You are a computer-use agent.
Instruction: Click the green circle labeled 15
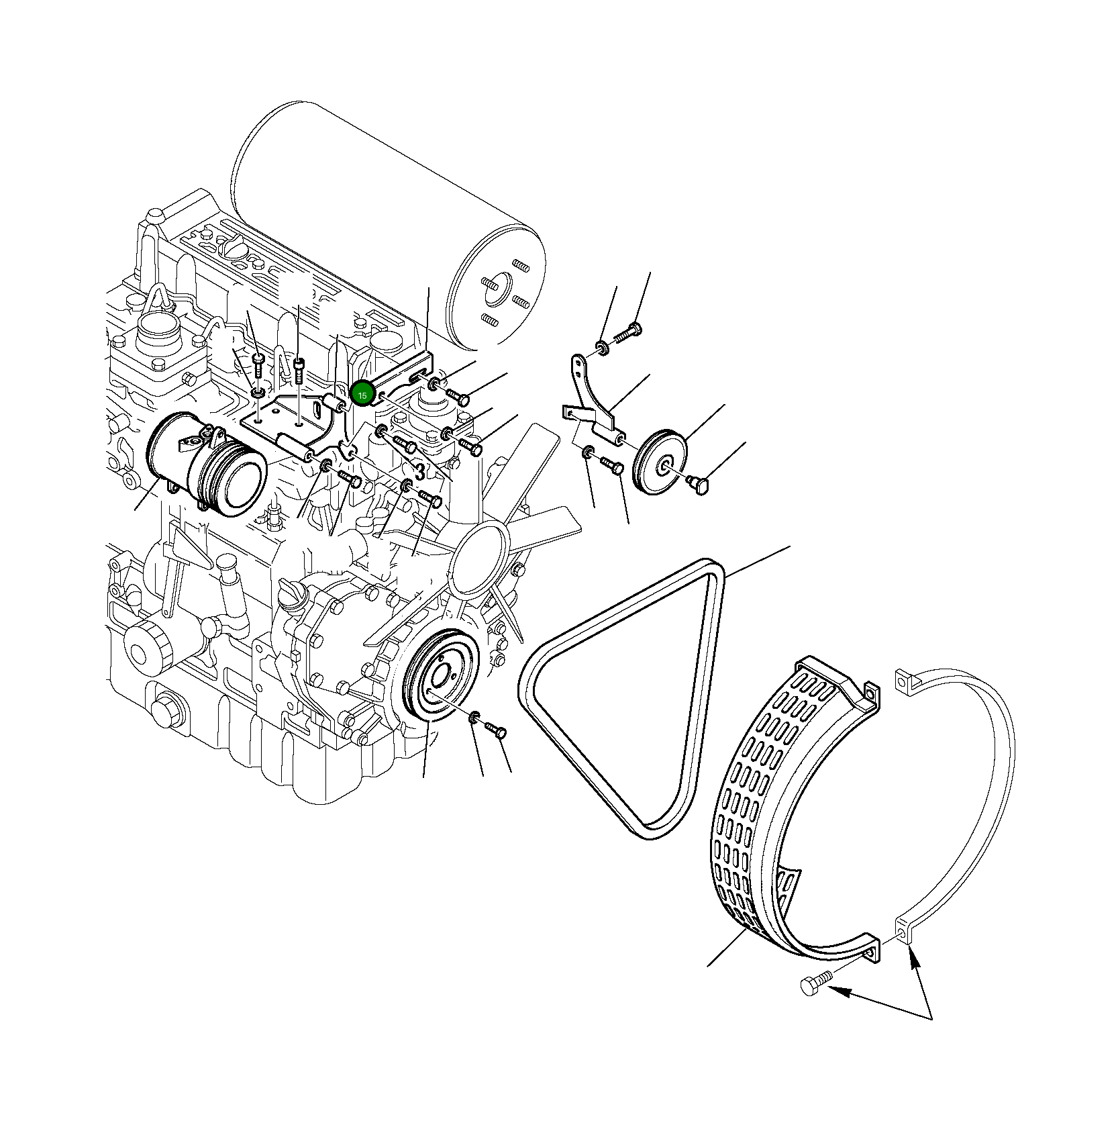click(x=362, y=395)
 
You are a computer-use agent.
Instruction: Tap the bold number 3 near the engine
click(x=419, y=472)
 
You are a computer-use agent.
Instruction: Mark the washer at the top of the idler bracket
click(x=601, y=348)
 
